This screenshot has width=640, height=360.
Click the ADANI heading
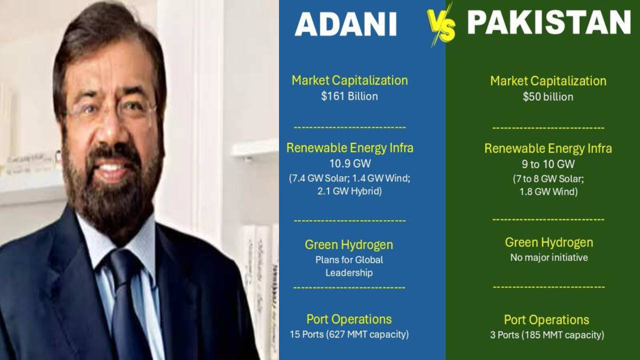pos(345,24)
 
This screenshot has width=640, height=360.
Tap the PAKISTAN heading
pos(549,22)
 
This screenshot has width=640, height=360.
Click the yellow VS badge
pos(441,25)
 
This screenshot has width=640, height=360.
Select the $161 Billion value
pos(349,96)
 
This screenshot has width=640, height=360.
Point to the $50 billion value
pos(548,97)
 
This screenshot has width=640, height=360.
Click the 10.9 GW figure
pos(350,163)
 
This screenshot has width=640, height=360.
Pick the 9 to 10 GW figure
pos(548,164)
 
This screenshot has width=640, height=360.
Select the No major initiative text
pos(549,257)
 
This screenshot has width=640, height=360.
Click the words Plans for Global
pos(349,259)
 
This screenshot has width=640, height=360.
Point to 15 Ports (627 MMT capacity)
pos(349,334)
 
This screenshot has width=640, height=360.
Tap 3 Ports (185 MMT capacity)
pos(547,335)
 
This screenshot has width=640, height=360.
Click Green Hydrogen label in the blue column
pos(349,245)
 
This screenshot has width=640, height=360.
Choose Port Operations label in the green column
pos(546,319)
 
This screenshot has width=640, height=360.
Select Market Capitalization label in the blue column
pos(349,80)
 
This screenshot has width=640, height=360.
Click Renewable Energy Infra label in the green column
pos(548,148)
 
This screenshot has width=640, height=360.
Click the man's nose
pos(112,131)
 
